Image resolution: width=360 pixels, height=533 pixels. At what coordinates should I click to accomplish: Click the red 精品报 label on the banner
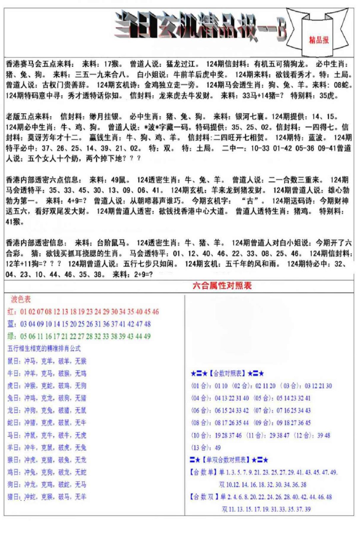point(319,40)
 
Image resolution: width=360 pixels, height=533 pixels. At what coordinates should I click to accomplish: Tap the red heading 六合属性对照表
point(222,285)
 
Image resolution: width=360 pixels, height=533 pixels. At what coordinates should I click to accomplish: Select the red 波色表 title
point(21,299)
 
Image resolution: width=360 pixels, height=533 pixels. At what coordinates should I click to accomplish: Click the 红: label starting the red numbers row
point(12,312)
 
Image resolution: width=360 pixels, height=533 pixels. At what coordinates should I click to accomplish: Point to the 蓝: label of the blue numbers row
point(12,324)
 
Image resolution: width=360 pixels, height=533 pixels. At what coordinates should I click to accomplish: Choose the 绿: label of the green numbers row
point(12,336)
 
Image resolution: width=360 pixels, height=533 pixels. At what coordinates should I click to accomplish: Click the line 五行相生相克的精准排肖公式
point(44,349)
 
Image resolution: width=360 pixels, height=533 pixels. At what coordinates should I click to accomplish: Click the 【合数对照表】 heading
point(227,373)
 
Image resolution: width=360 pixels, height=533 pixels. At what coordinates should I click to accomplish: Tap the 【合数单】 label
point(203,472)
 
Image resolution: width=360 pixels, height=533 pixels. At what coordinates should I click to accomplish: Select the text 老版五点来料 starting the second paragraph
point(29,117)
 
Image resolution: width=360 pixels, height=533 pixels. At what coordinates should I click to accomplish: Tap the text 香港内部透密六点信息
point(43,180)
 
